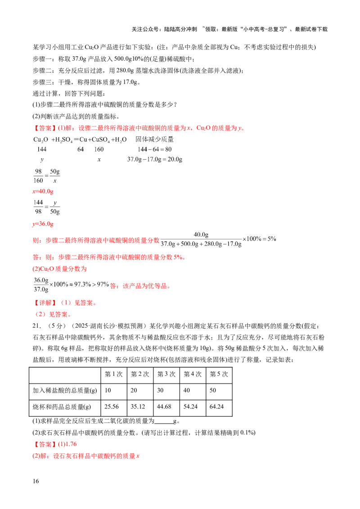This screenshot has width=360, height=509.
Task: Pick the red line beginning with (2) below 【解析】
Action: pos(53,315)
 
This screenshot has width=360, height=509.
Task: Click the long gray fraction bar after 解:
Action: pos(201,239)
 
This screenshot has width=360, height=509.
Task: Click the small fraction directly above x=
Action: pos(46,176)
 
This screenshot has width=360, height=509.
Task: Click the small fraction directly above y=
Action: pos(47,207)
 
